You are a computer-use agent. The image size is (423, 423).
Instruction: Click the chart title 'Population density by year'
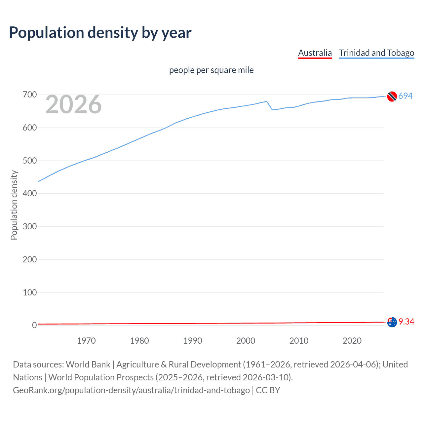click(x=100, y=33)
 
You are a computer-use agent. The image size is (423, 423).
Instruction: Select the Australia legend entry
click(x=315, y=53)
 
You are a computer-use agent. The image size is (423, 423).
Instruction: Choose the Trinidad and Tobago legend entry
click(x=376, y=53)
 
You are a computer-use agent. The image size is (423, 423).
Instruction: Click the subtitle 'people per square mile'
click(x=211, y=70)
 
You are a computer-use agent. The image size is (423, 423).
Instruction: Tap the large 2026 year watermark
click(x=73, y=104)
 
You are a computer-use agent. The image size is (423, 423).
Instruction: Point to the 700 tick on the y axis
click(x=30, y=95)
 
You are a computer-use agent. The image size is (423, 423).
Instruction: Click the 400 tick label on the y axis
click(x=30, y=193)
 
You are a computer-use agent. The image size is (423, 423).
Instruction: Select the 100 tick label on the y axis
click(x=30, y=292)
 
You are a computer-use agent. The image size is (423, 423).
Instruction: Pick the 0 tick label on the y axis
click(x=34, y=325)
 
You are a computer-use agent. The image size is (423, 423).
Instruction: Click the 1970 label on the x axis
click(x=86, y=341)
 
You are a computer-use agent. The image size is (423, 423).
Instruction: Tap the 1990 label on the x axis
click(x=193, y=341)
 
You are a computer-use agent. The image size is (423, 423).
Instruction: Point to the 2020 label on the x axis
click(x=352, y=341)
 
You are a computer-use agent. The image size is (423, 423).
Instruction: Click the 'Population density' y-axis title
click(x=14, y=205)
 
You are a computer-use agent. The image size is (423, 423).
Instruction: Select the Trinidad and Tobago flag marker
click(x=392, y=96)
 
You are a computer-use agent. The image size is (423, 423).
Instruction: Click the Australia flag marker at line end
click(x=392, y=322)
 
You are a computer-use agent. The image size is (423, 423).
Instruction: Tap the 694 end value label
click(x=405, y=96)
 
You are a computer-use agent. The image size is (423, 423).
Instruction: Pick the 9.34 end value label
click(x=406, y=322)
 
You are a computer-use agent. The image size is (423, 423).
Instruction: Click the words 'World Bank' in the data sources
click(x=88, y=364)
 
